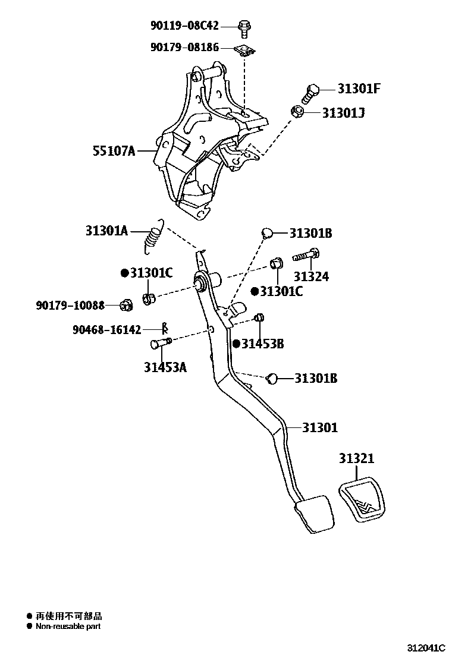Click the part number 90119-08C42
pos(184,26)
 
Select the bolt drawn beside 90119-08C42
pos(244,26)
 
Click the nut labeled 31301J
pos(299,111)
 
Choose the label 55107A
pos(114,151)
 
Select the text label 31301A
pos(106,231)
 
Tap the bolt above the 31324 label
pos(307,256)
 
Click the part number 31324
pos(311,276)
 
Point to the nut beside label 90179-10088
pos(125,306)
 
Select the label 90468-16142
pos(106,329)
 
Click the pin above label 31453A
pos(161,343)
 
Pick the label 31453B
pos(262,344)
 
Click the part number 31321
pos(357,459)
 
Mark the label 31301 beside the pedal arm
pos(320,427)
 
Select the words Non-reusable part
pos(68,626)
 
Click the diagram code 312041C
pos(426,647)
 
